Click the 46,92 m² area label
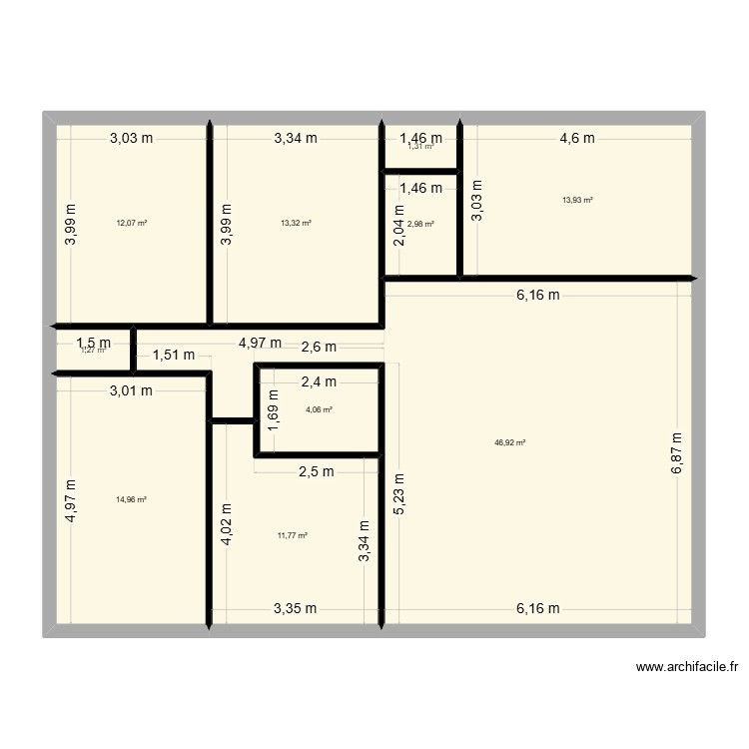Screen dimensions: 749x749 click(x=509, y=442)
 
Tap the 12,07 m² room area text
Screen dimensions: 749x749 click(x=132, y=223)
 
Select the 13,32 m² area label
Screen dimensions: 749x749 click(x=296, y=223)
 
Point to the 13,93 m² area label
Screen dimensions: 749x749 click(x=577, y=200)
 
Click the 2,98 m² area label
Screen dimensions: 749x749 click(x=420, y=224)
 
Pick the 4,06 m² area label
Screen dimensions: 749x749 click(x=319, y=409)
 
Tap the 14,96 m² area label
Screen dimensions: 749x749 click(x=132, y=499)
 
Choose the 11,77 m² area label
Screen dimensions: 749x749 click(x=292, y=535)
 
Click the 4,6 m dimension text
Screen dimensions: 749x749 click(x=576, y=139)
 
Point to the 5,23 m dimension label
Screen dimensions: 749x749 click(x=399, y=493)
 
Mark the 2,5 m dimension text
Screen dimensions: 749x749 click(x=316, y=472)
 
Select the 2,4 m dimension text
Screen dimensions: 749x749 click(x=319, y=380)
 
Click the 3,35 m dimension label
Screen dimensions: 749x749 click(x=296, y=608)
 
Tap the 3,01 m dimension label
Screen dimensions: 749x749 click(x=131, y=390)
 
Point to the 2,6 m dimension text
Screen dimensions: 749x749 click(x=319, y=347)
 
